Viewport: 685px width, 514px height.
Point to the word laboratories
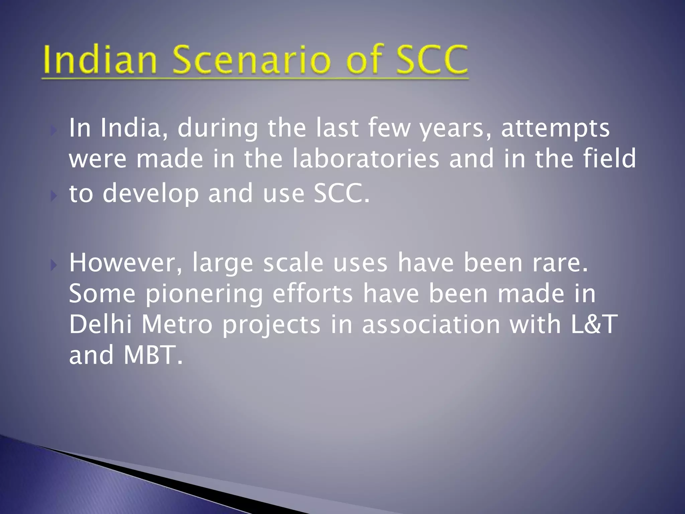pos(365,159)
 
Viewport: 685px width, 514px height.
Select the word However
pos(126,263)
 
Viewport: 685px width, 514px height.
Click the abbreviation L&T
pos(593,325)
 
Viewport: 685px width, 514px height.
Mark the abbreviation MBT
pos(154,355)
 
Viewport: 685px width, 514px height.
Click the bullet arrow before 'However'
pos(54,266)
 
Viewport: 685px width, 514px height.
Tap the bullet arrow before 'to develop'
pos(54,196)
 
